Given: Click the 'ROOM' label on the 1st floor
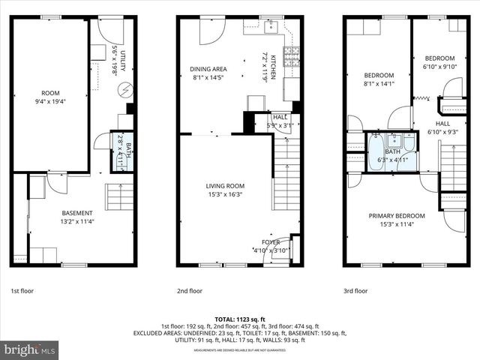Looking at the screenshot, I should pos(49,94).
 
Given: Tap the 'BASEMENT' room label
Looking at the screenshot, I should pos(77,212).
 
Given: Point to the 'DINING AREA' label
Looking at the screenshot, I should pos(209,69).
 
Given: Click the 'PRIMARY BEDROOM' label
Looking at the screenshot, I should pos(397,216).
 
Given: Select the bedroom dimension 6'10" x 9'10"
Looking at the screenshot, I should pos(440,67).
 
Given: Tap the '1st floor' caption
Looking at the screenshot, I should pos(22,290).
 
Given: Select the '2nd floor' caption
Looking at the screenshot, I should pos(190,290).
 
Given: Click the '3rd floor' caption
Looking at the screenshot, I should pos(355,290).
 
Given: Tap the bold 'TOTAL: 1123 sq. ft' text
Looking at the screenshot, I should pos(240,319).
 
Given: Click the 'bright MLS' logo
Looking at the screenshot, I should pos(30,349).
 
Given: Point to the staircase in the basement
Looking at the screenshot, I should pos(120,198).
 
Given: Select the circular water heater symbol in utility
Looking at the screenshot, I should pos(124,91).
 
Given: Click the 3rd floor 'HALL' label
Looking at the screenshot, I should pos(442,123).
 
